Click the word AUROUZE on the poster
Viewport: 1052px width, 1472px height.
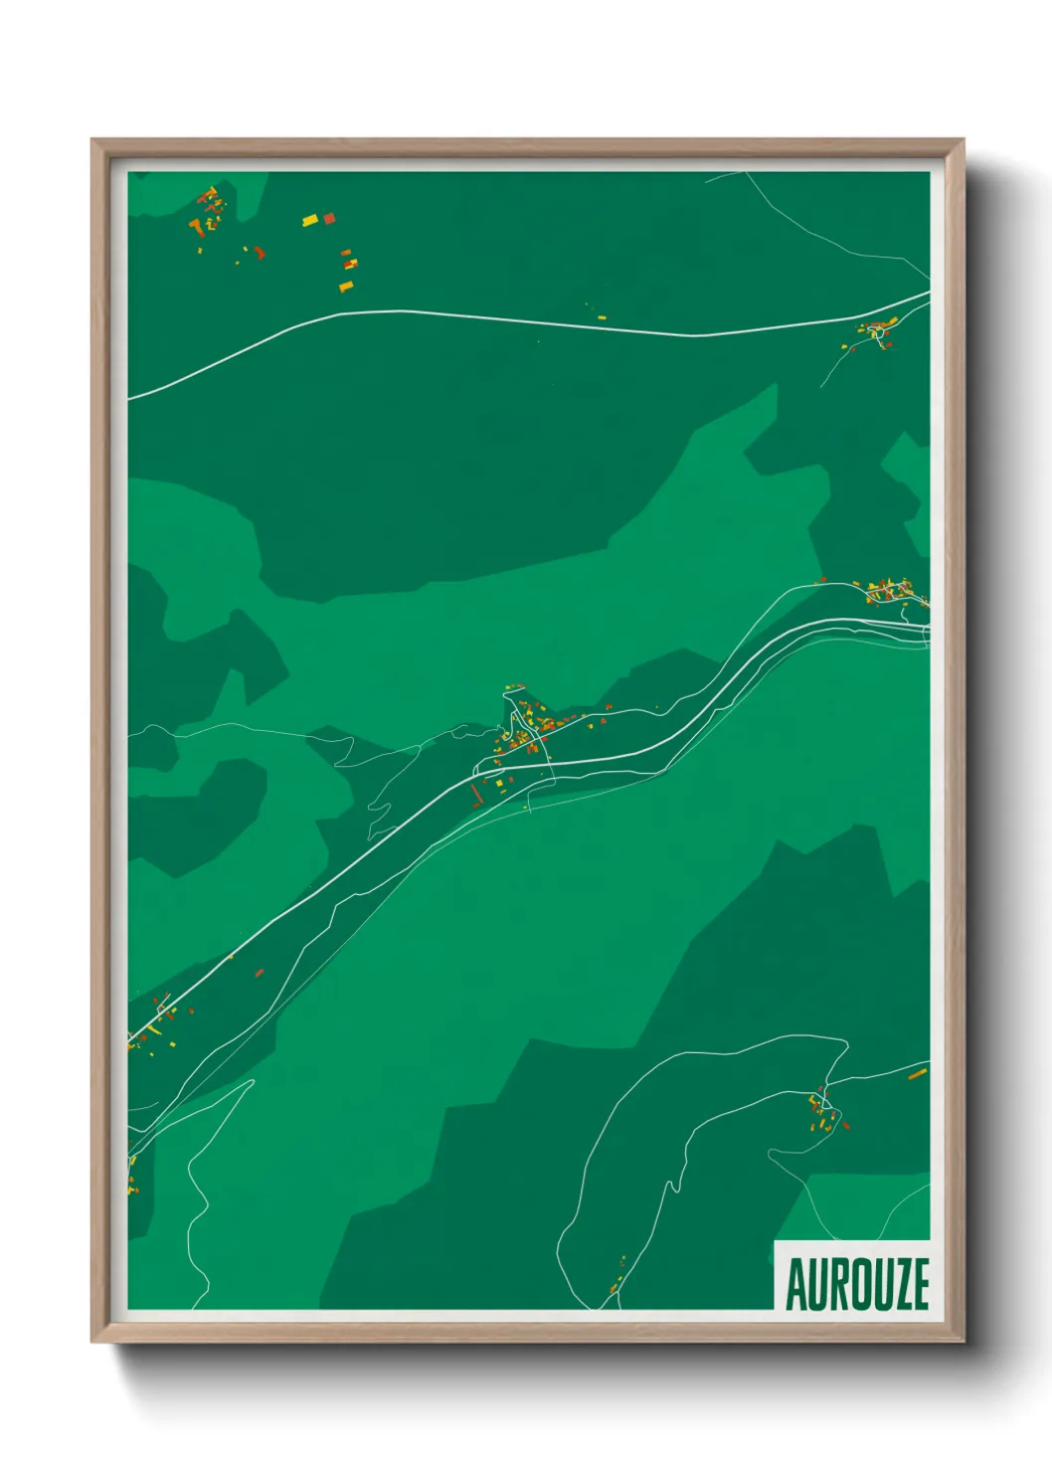tap(857, 1284)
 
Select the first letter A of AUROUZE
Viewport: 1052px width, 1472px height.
tap(795, 1284)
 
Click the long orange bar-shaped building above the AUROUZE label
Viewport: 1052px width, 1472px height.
tap(917, 1074)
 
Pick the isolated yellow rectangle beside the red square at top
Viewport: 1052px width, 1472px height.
tap(310, 220)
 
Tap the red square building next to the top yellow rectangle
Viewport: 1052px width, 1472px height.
tap(329, 218)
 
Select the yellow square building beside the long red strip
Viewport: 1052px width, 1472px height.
tap(500, 784)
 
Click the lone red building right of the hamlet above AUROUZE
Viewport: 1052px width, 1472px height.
tap(846, 1126)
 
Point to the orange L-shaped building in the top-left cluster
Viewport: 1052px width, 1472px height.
tap(197, 228)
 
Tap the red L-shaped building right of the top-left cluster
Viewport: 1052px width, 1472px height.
tap(260, 253)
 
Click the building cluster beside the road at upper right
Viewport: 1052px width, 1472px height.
tap(876, 332)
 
